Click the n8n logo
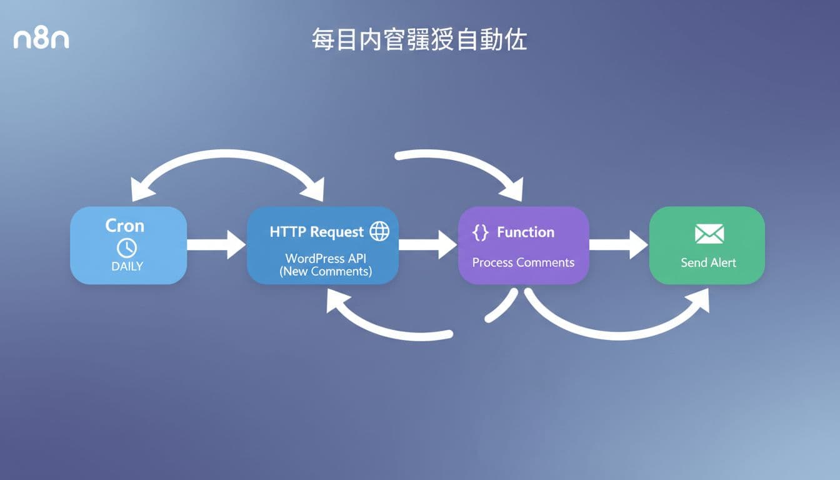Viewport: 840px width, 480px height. pos(41,39)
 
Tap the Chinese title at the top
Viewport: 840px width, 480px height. pos(419,39)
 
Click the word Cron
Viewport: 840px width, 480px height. pos(125,225)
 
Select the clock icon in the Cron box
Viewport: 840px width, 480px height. pos(127,247)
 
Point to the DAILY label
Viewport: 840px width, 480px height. pos(127,266)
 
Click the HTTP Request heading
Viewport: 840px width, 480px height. pos(316,232)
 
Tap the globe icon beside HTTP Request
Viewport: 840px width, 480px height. pos(379,231)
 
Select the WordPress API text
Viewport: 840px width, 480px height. pos(325,258)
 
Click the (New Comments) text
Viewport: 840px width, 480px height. pos(325,271)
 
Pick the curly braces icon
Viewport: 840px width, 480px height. pos(480,232)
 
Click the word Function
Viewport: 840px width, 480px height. pos(526,232)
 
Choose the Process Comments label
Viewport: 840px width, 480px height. pos(523,262)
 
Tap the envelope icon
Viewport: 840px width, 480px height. pos(709,234)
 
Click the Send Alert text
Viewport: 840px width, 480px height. pos(708,262)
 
